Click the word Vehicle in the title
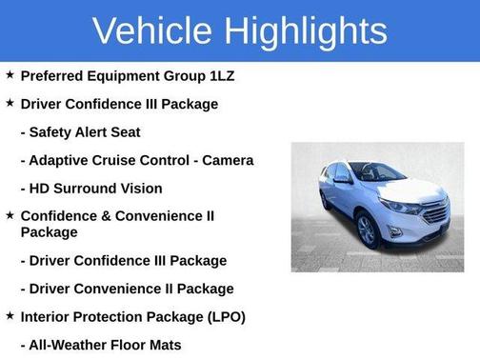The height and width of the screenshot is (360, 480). (152, 30)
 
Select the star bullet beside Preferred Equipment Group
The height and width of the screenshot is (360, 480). (10, 74)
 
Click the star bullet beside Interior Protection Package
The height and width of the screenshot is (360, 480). (10, 314)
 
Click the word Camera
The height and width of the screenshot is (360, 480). (229, 160)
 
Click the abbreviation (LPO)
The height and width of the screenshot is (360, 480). (224, 316)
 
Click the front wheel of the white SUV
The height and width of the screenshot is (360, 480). (368, 231)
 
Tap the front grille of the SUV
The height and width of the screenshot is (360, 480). (435, 211)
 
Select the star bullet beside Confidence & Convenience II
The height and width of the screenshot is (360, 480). (10, 215)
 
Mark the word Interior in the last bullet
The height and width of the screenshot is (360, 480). (46, 316)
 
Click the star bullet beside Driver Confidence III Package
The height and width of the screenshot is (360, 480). (10, 102)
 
